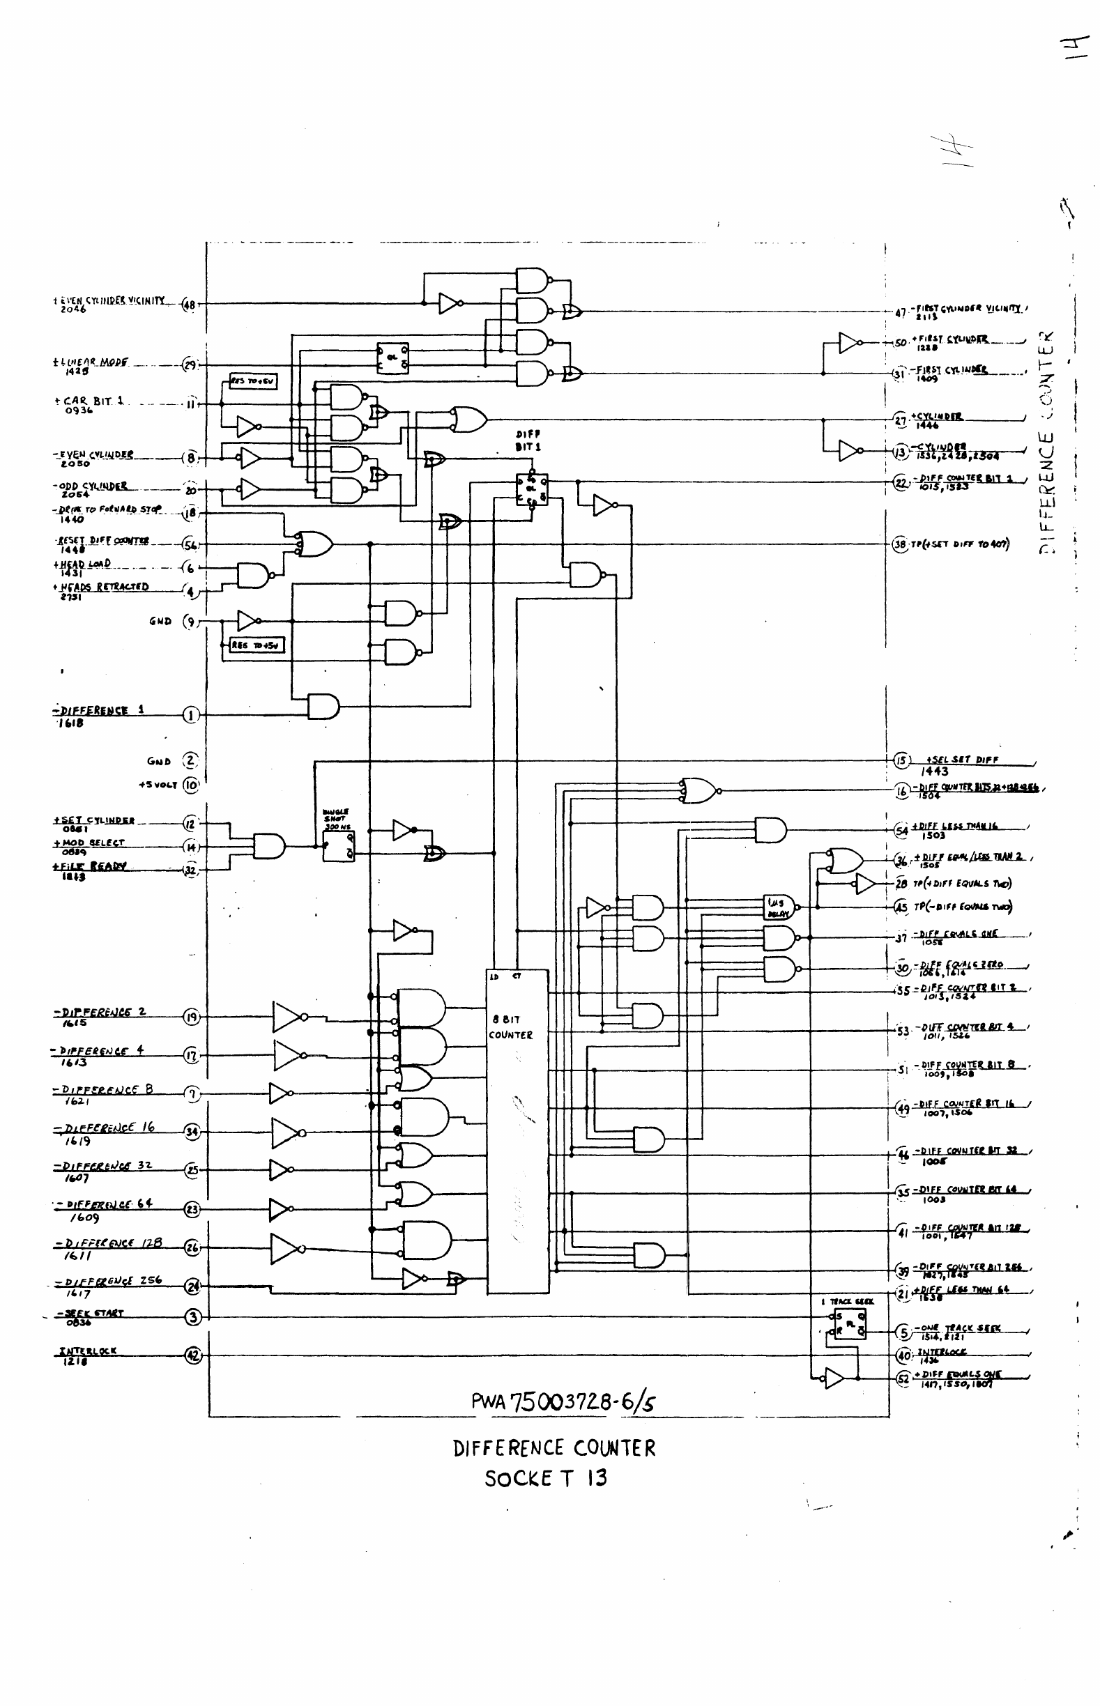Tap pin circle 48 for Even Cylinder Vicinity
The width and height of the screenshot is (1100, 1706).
tap(190, 305)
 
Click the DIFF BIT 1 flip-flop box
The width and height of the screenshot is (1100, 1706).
tap(531, 489)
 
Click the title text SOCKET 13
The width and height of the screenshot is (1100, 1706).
tap(546, 1477)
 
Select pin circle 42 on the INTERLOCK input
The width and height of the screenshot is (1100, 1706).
tap(194, 1355)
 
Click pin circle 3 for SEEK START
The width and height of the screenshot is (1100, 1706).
tap(193, 1318)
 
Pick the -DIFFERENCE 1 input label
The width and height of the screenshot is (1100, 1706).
tap(98, 711)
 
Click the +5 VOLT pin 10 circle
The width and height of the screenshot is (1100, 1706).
tap(191, 785)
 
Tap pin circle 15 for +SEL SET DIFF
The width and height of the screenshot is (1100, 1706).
tap(902, 760)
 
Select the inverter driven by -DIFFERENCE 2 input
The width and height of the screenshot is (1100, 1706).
tap(289, 1016)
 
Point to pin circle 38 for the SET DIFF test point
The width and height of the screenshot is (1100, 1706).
tap(901, 544)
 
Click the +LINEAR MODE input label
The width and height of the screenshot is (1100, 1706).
tap(91, 362)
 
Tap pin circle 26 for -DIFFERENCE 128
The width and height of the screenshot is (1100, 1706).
tap(193, 1247)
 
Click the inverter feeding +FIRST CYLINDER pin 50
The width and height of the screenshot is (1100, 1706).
tap(848, 343)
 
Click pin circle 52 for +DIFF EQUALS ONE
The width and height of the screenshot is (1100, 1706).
tap(903, 1378)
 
